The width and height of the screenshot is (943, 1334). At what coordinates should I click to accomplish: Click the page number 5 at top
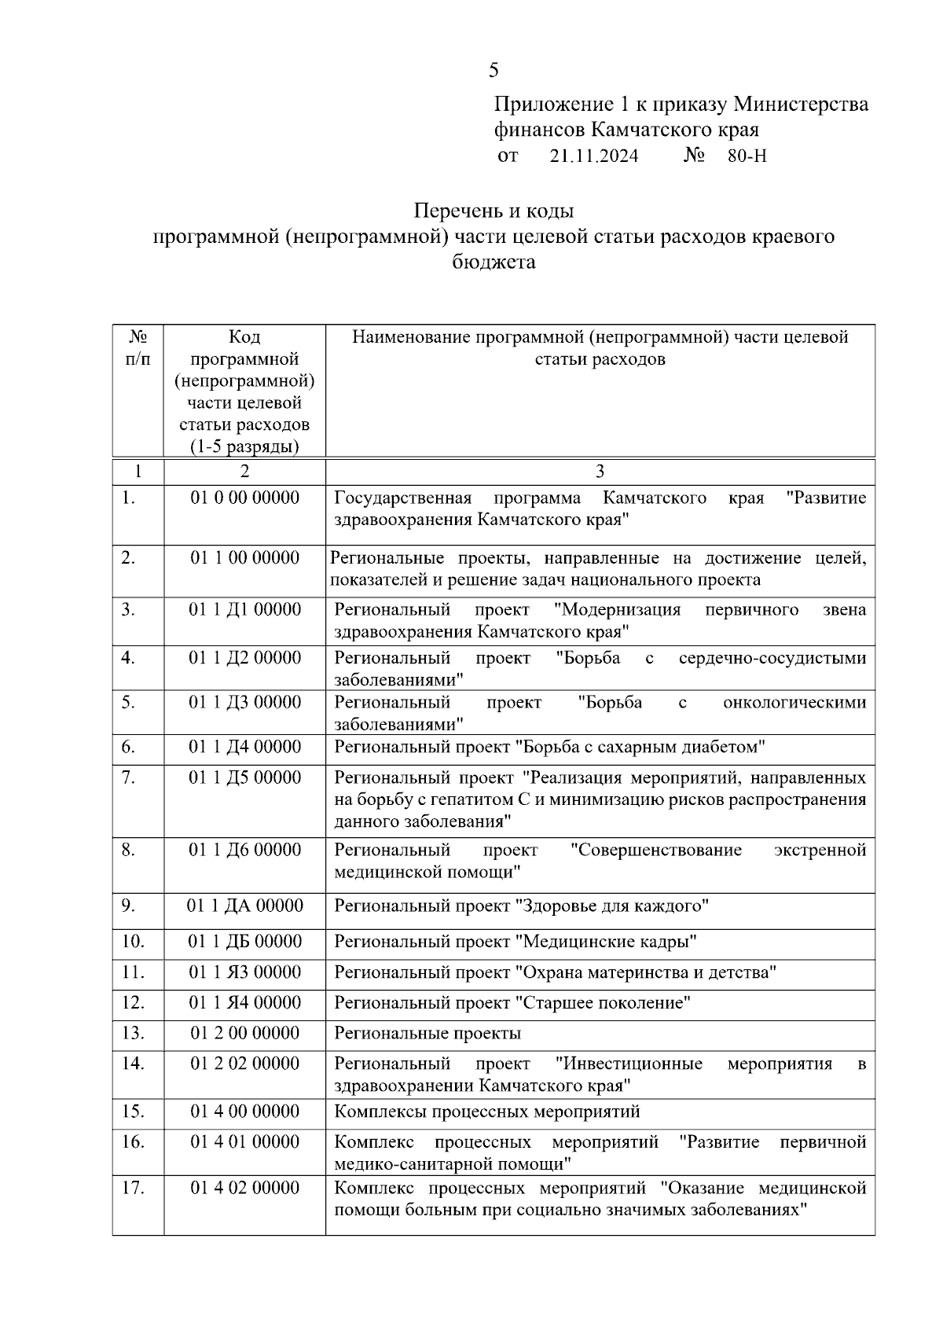[x=494, y=71]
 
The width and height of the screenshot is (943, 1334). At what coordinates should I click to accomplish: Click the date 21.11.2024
[x=594, y=156]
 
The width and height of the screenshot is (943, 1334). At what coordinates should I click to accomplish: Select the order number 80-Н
[x=747, y=156]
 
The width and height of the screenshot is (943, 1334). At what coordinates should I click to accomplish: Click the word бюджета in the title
[x=494, y=262]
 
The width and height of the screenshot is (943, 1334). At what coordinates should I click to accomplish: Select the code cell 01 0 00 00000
[x=244, y=498]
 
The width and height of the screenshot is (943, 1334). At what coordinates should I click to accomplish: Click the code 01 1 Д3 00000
[x=244, y=702]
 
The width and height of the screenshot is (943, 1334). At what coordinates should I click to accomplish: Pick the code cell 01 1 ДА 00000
[x=244, y=906]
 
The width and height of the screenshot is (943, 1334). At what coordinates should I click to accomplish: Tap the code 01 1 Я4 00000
[x=244, y=1002]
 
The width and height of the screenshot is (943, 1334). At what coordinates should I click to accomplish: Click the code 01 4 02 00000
[x=244, y=1187]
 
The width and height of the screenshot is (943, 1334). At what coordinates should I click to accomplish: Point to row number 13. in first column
[x=133, y=1033]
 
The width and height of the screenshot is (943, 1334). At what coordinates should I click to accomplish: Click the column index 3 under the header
[x=600, y=471]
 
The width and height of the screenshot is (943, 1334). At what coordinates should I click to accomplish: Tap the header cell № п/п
[x=138, y=347]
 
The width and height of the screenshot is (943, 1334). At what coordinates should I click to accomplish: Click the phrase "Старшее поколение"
[x=603, y=1003]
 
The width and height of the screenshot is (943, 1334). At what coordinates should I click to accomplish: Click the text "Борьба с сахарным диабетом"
[x=640, y=747]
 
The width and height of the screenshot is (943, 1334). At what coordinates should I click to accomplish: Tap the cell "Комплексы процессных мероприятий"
[x=487, y=1112]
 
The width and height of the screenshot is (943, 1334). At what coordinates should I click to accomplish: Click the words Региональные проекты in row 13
[x=427, y=1033]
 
